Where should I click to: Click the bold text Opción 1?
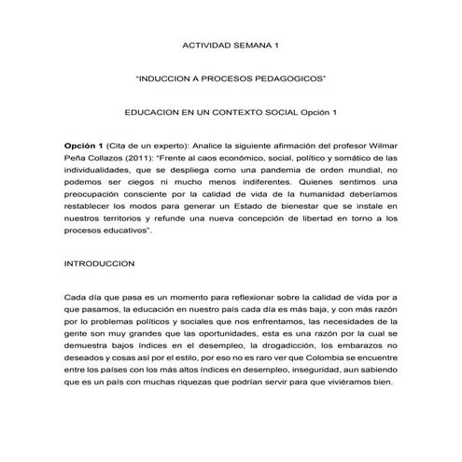coord(83,147)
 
